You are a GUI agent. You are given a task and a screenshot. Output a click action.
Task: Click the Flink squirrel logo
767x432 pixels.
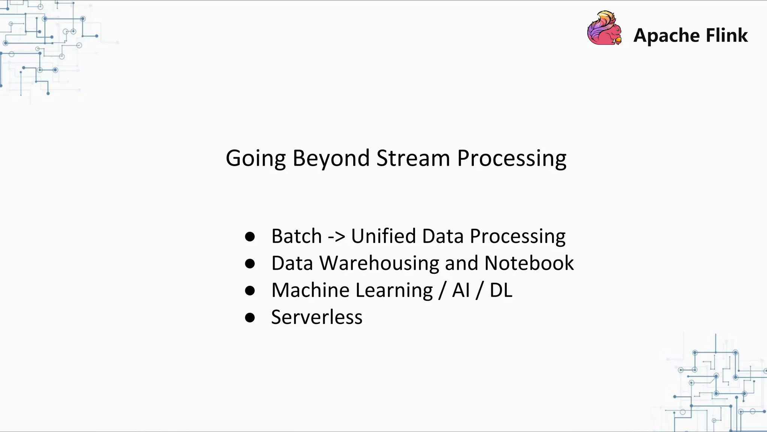(x=604, y=28)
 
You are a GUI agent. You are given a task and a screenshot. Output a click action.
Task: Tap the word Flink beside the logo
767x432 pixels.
(x=727, y=35)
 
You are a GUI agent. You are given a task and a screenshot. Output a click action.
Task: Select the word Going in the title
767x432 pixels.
(x=255, y=158)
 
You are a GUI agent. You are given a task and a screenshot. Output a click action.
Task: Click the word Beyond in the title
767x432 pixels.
(x=331, y=158)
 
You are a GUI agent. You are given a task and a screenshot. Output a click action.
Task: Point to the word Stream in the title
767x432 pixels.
(x=413, y=158)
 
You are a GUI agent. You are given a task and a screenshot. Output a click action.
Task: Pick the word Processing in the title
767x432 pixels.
(x=512, y=158)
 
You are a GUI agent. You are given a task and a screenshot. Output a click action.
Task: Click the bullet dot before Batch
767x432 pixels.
(x=250, y=237)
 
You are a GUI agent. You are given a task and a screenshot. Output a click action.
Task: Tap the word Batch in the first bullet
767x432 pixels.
(x=296, y=236)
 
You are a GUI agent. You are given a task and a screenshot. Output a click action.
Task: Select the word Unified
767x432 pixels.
(x=383, y=236)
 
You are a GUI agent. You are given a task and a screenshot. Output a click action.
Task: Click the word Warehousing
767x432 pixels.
(x=379, y=263)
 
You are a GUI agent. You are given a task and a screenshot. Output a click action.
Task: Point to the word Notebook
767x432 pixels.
(x=529, y=263)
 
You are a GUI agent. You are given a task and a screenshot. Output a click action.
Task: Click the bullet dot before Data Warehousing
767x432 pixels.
(x=250, y=264)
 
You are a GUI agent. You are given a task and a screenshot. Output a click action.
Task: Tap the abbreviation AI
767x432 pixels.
(x=461, y=290)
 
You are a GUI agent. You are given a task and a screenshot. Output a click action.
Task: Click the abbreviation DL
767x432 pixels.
(x=501, y=290)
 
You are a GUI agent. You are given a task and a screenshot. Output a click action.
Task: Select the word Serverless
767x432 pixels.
(x=316, y=317)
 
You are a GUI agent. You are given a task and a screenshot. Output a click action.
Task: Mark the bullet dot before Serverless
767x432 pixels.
(x=250, y=318)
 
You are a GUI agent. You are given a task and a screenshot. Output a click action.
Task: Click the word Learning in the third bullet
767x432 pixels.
(x=394, y=290)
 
